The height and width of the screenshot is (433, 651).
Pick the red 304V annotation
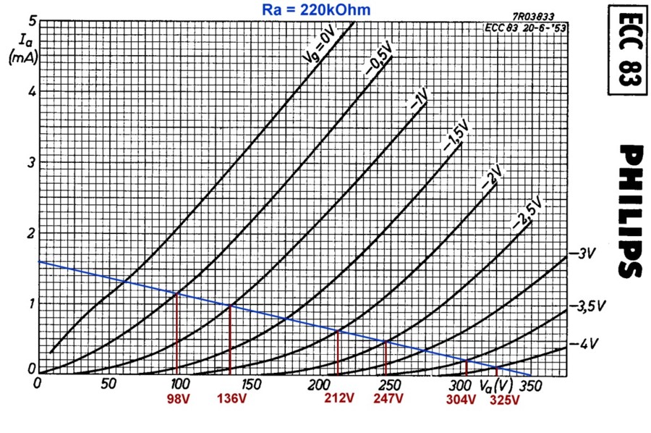(x=461, y=399)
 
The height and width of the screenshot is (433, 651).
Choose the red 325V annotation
(x=504, y=400)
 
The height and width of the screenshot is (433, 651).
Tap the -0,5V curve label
(x=378, y=59)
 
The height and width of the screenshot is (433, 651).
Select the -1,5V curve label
(x=456, y=135)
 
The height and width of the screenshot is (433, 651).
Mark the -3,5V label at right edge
(x=587, y=307)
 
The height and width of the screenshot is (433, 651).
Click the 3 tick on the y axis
(x=31, y=161)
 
